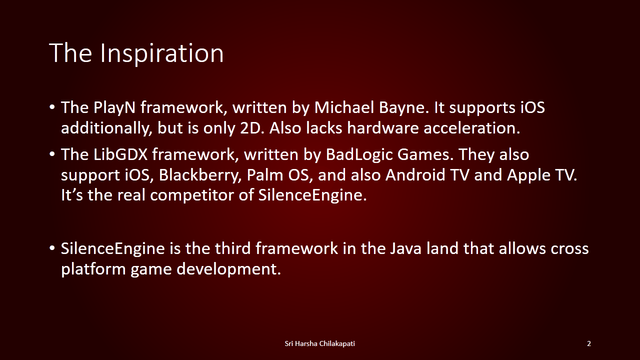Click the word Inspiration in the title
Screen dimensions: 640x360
[x=161, y=53]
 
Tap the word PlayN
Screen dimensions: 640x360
[x=114, y=107]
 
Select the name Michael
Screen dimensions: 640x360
[x=344, y=107]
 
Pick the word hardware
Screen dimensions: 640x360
[x=383, y=127]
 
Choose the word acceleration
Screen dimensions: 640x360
[x=471, y=127]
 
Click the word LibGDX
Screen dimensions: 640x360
[x=120, y=154]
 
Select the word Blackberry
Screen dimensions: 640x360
[x=199, y=175]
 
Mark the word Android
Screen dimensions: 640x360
[x=415, y=174]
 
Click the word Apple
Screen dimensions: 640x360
[x=528, y=175]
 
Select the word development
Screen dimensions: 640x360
[x=229, y=269]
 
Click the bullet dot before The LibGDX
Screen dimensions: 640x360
[x=52, y=154]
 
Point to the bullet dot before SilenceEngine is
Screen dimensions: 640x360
[x=52, y=248]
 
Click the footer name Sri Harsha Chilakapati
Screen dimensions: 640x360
[x=319, y=343]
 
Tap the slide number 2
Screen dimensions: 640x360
[x=589, y=343]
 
